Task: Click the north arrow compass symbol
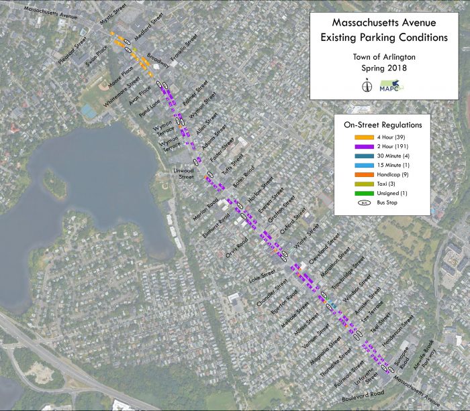point(367,86)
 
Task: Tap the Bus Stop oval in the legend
point(354,202)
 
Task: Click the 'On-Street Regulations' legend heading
point(383,125)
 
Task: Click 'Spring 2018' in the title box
point(383,68)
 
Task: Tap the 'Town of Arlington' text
point(383,57)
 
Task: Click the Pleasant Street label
point(73,51)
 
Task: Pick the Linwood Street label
point(183,174)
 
